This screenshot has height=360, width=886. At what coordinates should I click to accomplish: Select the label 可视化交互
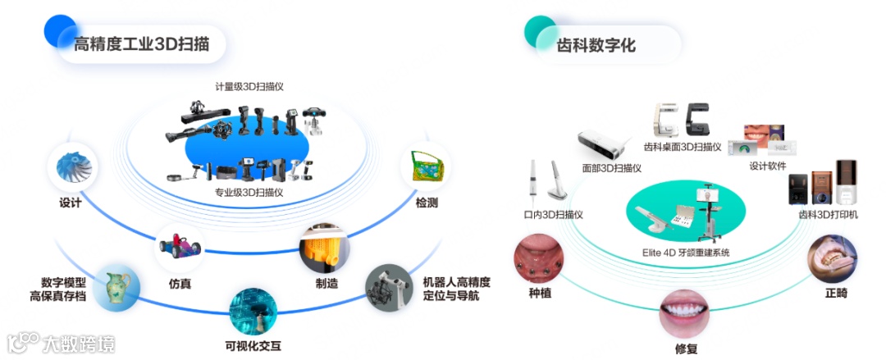(253, 345)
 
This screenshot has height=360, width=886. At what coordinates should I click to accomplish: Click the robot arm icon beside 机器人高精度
(386, 286)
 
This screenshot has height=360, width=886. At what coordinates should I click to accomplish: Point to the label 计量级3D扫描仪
(249, 86)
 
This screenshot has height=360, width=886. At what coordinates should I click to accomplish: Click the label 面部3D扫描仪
(611, 167)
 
